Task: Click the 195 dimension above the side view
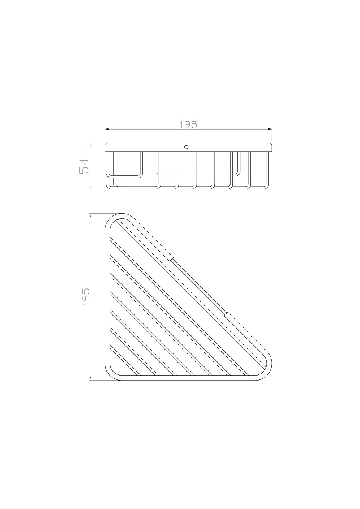(188, 125)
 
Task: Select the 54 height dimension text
(84, 166)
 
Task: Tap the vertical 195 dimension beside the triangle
(86, 297)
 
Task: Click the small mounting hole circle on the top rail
(186, 147)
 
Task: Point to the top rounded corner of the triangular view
(120, 215)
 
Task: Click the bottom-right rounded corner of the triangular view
(268, 373)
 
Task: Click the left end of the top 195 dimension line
(105, 130)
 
